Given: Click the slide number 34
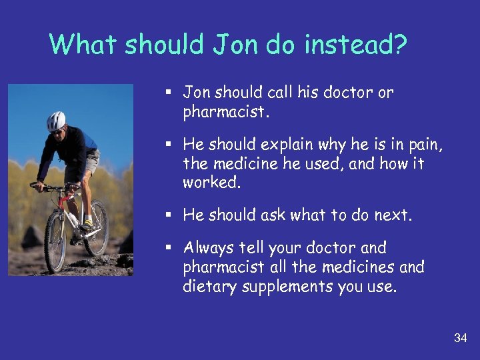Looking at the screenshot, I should (460, 338).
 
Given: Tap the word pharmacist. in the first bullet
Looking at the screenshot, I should (226, 111).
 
